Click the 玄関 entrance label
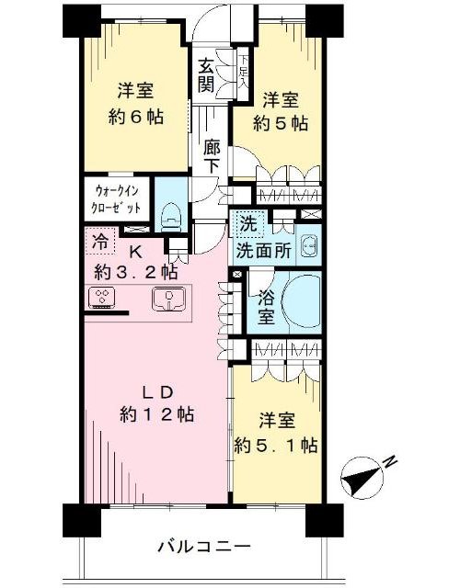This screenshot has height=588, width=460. click(x=206, y=75)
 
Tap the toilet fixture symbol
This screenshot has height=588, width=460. click(x=171, y=219)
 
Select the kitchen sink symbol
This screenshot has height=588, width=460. click(x=168, y=300)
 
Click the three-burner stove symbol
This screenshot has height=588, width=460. click(x=101, y=298)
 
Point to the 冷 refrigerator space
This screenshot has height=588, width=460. click(x=99, y=242)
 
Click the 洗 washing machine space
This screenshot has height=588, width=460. click(x=249, y=224)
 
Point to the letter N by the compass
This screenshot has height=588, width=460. click(x=391, y=460)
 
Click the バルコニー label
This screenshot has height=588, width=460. click(x=203, y=548)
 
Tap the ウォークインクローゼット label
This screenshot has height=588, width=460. click(x=117, y=198)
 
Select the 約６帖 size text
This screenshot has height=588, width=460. click(x=136, y=118)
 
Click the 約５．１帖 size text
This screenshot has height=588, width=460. click(x=276, y=446)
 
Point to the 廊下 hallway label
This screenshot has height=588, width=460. click(x=212, y=156)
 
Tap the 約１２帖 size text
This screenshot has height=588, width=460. click(x=156, y=414)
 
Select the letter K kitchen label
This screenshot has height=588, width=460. click(x=135, y=253)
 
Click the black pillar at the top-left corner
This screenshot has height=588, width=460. click(x=82, y=21)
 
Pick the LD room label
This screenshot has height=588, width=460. click(x=157, y=392)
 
